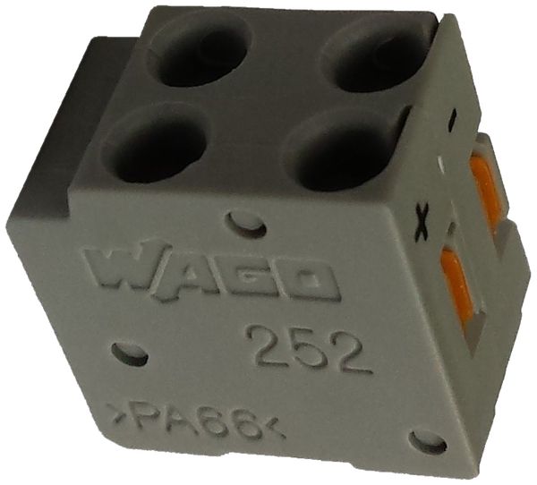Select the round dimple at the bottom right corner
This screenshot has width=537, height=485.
coord(429,441)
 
